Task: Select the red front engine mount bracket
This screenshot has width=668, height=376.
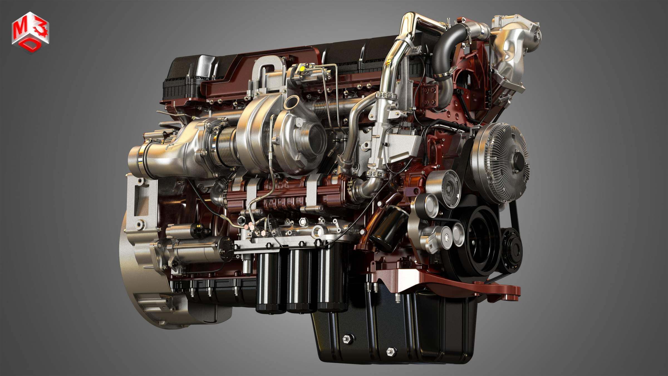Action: coord(473,287)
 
